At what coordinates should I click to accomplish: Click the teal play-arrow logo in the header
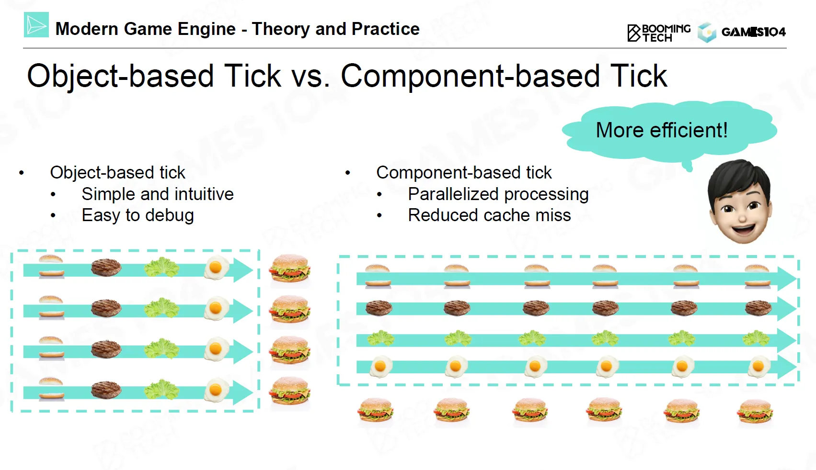point(36,25)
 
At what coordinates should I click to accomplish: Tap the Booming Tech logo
point(659,33)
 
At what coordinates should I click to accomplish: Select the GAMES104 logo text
point(753,32)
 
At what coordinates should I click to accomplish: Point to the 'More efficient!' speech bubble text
point(662,130)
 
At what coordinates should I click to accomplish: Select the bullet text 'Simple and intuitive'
point(157,194)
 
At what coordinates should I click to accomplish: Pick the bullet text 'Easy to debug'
point(138,215)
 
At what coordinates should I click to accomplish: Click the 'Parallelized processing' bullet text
point(498,194)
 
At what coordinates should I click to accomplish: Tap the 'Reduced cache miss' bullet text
point(489,215)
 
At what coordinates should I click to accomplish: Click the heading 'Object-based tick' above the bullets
point(117,172)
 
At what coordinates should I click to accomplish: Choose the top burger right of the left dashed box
point(289,269)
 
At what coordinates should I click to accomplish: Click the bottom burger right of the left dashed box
point(289,391)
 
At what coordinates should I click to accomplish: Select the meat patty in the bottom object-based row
point(106,390)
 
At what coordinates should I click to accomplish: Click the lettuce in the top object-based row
point(162,268)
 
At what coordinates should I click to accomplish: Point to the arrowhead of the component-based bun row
point(786,279)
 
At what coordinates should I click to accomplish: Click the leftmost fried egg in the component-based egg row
point(380,367)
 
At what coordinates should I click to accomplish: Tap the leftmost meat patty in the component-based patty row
point(379,307)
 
